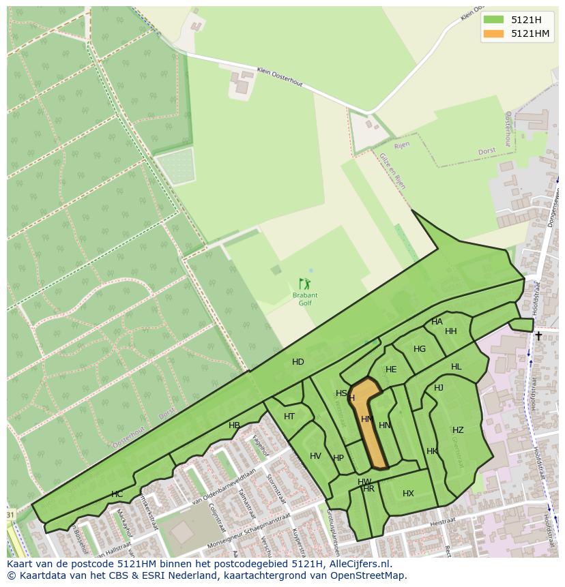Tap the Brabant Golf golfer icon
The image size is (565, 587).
click(x=304, y=284)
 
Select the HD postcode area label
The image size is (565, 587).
click(x=298, y=362)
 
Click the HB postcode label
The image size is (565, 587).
click(x=234, y=425)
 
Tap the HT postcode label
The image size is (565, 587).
click(x=289, y=417)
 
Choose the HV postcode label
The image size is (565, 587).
click(x=315, y=456)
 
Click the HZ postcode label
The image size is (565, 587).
click(x=458, y=430)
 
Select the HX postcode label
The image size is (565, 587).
click(x=408, y=494)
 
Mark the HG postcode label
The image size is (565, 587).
click(x=420, y=349)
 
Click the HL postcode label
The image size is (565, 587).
click(x=456, y=367)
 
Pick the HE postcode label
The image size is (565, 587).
click(x=391, y=370)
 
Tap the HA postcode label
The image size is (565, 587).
click(x=437, y=322)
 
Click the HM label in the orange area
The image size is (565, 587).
click(x=366, y=419)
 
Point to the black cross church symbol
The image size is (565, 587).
click(x=538, y=335)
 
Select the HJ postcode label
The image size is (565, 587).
click(x=439, y=388)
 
